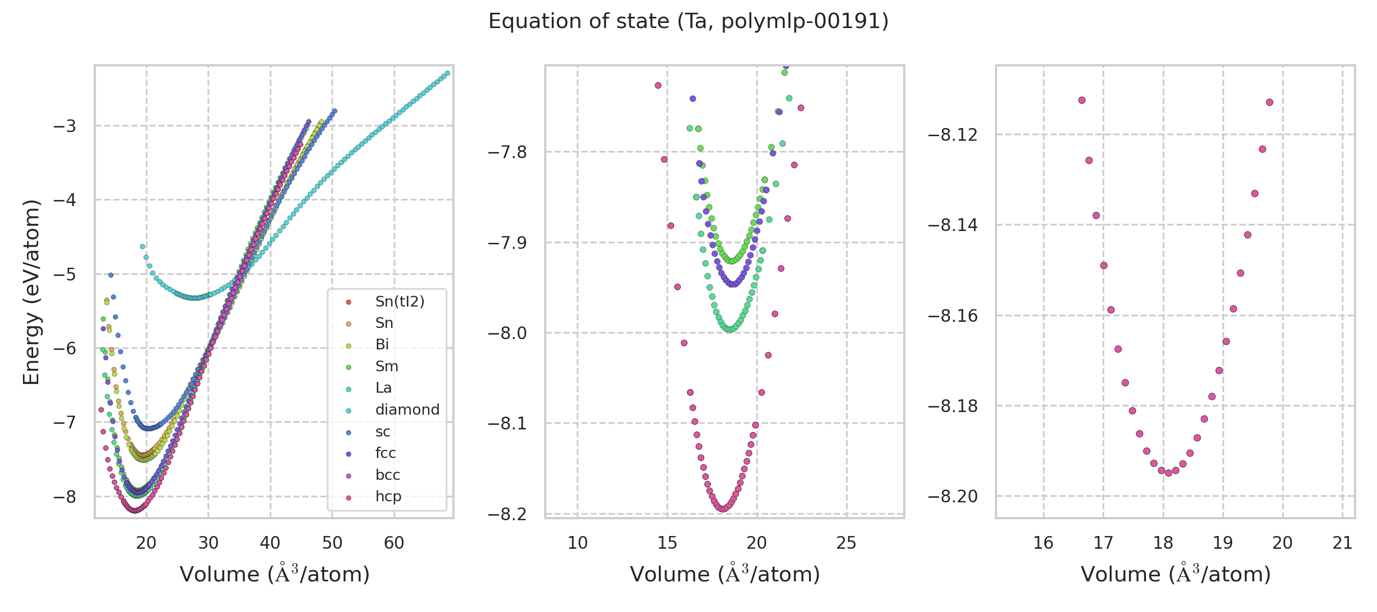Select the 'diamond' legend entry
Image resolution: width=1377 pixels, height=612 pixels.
click(x=407, y=410)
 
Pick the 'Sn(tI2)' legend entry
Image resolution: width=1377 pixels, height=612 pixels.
click(x=399, y=301)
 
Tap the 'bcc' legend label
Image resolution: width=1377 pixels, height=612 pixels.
click(x=388, y=475)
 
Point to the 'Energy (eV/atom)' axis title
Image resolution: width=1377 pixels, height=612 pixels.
click(x=31, y=292)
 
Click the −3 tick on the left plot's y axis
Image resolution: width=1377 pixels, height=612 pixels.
click(x=65, y=126)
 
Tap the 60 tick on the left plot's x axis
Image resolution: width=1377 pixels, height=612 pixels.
click(x=394, y=543)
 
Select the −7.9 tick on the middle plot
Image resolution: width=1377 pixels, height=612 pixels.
click(x=507, y=243)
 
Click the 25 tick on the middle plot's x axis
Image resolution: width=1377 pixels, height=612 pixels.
click(x=846, y=543)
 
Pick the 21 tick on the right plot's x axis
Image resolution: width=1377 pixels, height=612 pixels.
click(x=1342, y=543)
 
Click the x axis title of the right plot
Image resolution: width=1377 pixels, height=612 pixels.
click(x=1176, y=574)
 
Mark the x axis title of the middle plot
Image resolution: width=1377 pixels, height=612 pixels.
click(x=725, y=574)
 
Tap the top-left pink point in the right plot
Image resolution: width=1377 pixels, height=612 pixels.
click(x=1082, y=100)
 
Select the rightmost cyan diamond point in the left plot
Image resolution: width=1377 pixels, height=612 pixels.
click(x=447, y=73)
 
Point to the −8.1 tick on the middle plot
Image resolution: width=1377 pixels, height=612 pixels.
click(x=507, y=423)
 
